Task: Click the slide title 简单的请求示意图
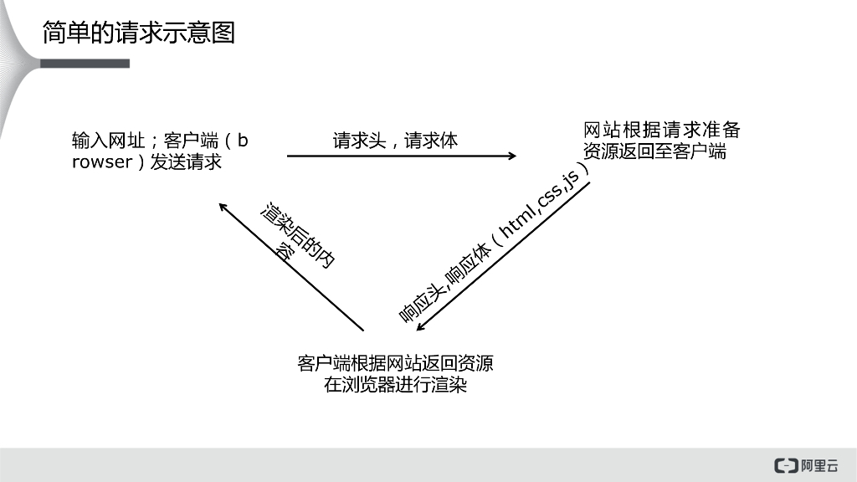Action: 138,32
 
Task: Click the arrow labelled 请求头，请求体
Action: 402,156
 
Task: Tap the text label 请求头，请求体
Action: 395,140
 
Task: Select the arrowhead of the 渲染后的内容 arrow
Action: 223,207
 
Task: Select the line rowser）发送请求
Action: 146,162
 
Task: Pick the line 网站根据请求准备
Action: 661,131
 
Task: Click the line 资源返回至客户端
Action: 654,151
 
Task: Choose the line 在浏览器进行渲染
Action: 395,386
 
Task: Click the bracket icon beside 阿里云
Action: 786,465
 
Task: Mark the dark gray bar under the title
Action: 84,64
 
